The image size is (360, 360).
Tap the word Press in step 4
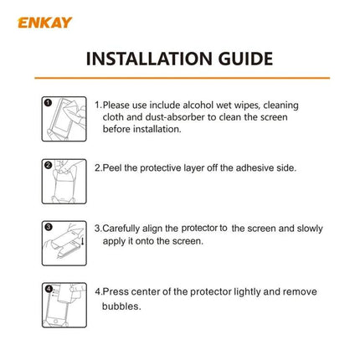[116, 292]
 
